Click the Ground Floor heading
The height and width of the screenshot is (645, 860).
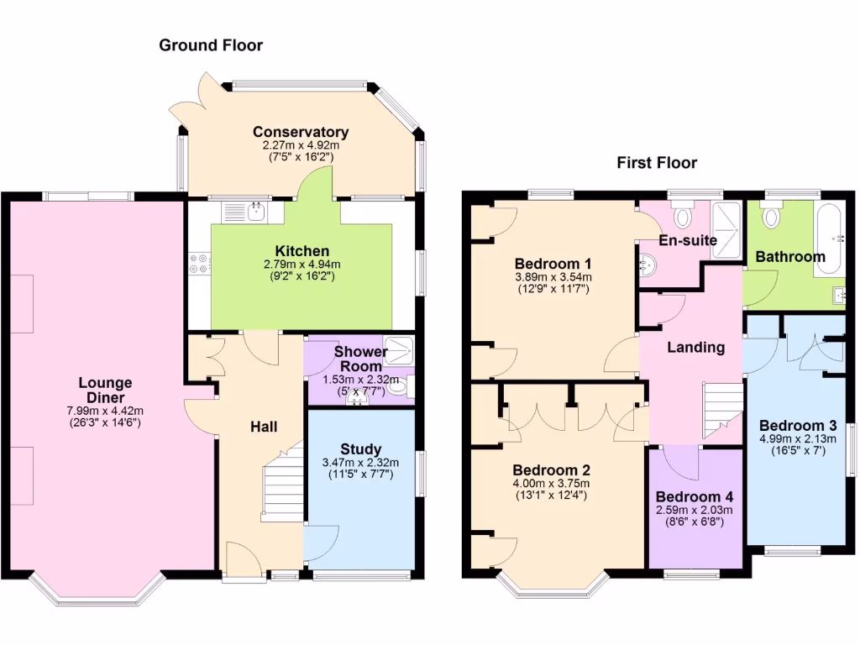211,45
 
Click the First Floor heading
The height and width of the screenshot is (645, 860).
657,163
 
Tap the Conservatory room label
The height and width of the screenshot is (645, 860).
301,132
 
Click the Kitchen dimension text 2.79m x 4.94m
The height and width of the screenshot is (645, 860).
302,265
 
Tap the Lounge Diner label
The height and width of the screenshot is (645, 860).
106,391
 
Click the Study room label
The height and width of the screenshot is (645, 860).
361,449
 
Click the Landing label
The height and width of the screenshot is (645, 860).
696,347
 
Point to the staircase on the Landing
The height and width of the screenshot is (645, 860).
722,406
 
